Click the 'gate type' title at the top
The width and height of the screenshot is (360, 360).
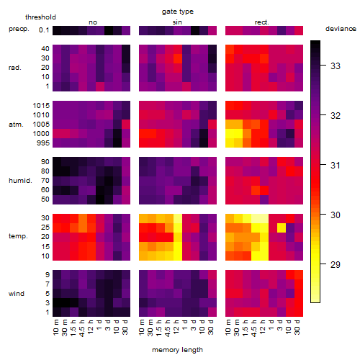(x=178, y=12)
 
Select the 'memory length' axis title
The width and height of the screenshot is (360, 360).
(x=177, y=350)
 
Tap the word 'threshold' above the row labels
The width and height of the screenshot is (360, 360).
(x=40, y=17)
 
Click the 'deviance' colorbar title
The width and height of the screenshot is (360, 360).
(x=341, y=29)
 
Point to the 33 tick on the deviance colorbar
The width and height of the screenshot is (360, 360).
(x=336, y=66)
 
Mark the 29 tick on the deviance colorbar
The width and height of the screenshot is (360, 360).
(x=336, y=264)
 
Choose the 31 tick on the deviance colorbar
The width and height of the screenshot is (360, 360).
(x=336, y=165)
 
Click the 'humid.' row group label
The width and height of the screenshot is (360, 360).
(x=20, y=181)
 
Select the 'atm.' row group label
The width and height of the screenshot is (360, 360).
(x=16, y=125)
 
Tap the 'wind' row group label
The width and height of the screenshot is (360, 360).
(x=17, y=294)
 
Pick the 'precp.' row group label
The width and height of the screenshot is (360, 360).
(x=19, y=29)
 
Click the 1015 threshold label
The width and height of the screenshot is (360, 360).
(x=41, y=106)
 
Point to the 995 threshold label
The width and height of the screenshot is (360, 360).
(x=43, y=143)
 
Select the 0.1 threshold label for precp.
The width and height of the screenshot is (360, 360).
(x=44, y=30)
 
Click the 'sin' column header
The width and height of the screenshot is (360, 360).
(x=177, y=22)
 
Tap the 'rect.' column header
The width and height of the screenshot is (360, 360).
(x=261, y=22)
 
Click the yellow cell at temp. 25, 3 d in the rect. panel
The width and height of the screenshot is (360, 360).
(x=282, y=228)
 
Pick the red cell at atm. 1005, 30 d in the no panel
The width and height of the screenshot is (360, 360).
(x=126, y=124)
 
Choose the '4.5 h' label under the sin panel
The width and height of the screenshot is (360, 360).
(x=168, y=328)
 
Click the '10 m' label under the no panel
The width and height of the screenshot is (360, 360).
(x=55, y=328)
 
